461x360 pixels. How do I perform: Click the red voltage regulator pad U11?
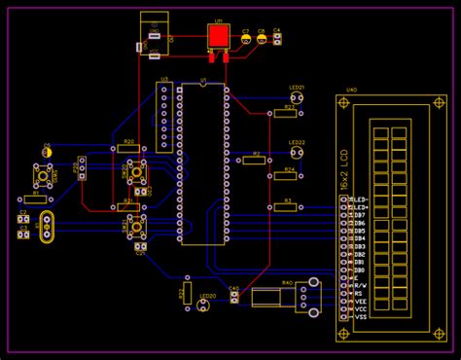pos(217,37)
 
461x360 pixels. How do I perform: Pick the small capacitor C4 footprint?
pos(277,39)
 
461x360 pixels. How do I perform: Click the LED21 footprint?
pos(296,98)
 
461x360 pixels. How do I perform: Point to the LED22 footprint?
pos(296,153)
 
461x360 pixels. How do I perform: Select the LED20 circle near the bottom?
pos(203,306)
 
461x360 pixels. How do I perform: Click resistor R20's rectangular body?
pos(127,151)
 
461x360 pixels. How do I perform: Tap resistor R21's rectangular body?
pos(127,205)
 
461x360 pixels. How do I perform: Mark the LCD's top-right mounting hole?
pos(441,101)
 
